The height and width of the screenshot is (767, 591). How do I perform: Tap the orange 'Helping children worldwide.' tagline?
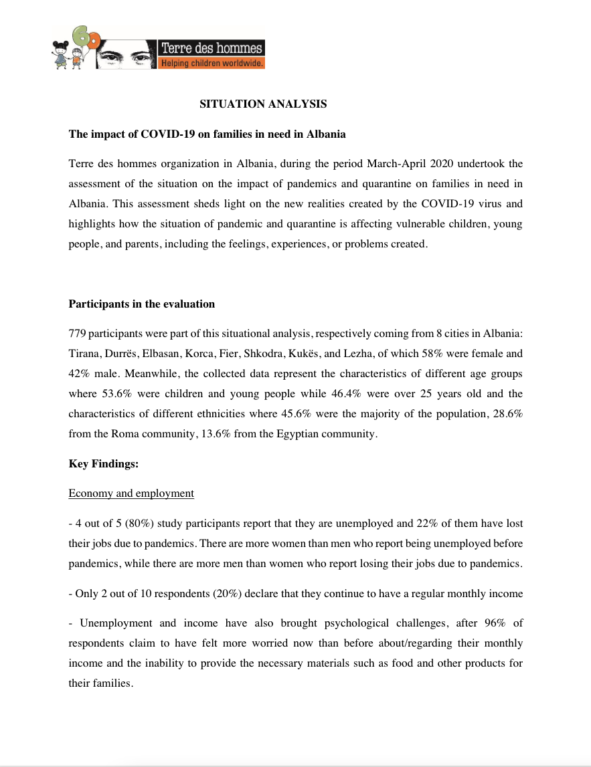point(211,64)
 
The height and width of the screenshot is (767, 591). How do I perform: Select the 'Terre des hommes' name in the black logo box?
point(212,48)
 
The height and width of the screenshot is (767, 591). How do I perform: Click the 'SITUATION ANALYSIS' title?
point(263,104)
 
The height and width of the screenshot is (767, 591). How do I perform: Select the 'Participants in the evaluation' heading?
point(142,304)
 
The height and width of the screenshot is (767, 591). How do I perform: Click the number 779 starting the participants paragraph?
point(77,332)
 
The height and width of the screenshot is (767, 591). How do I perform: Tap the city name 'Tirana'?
point(83,353)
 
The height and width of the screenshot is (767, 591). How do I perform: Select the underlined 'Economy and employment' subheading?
point(131,494)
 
